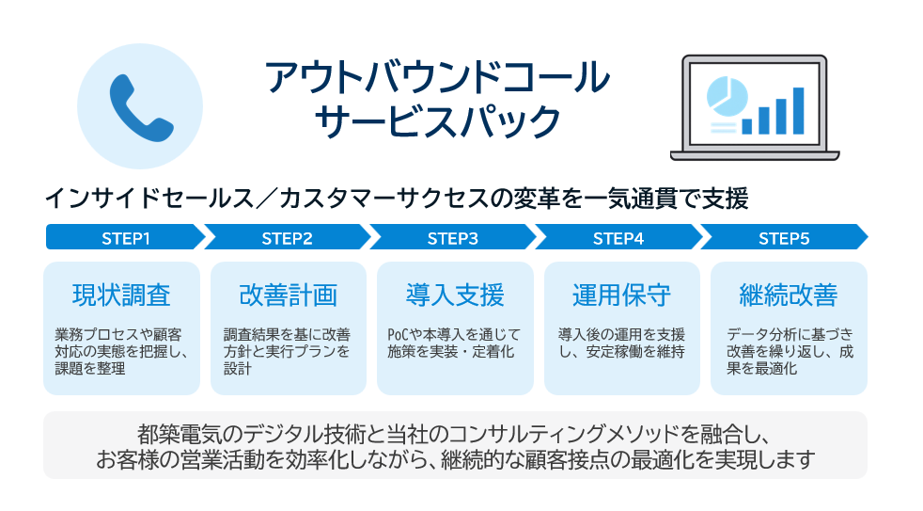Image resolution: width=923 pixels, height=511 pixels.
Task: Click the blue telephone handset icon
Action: (x=140, y=105)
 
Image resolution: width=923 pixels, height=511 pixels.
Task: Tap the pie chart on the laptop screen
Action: (x=725, y=95)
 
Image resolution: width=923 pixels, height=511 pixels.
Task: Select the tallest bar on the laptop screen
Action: (x=798, y=110)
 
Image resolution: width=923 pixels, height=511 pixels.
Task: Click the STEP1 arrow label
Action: (x=125, y=238)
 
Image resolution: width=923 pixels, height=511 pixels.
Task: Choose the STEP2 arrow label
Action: (x=287, y=238)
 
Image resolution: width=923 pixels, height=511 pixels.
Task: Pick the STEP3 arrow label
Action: (x=452, y=238)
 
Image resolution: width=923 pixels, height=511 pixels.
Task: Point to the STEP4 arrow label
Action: (x=618, y=238)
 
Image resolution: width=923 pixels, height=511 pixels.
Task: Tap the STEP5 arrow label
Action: (x=783, y=238)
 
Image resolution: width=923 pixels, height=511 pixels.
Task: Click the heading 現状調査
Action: (x=122, y=295)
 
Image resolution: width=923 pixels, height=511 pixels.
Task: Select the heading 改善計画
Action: (x=289, y=295)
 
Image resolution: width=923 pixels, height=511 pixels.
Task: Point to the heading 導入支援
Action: (x=455, y=295)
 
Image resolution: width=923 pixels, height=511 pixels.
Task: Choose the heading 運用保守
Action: (x=621, y=295)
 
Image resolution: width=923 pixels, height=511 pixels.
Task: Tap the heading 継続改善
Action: (x=789, y=295)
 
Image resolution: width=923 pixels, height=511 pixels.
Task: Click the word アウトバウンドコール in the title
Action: (x=437, y=78)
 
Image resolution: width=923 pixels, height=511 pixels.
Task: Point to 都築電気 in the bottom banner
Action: (x=175, y=435)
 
